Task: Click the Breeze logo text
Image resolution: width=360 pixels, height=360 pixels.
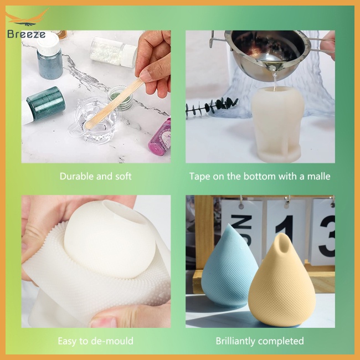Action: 26,34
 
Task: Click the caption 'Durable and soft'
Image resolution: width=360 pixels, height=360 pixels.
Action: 96,177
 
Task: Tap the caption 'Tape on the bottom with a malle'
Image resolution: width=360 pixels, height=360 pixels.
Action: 260,177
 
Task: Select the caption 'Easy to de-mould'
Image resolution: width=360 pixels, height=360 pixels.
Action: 96,341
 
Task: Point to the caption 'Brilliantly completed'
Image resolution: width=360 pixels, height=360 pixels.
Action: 260,341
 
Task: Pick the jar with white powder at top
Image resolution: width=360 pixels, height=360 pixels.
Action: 114,50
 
